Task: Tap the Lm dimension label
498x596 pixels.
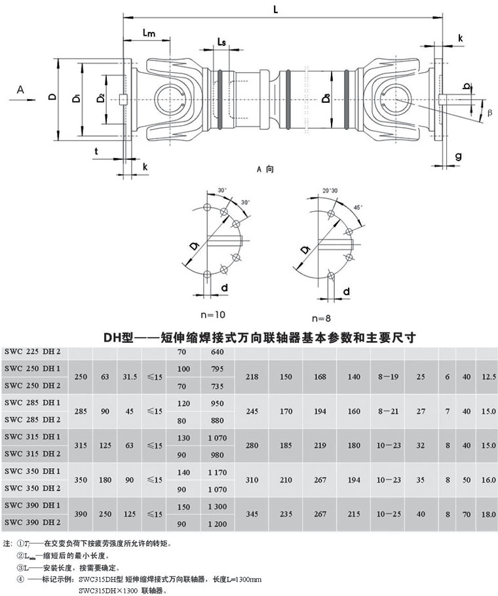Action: click(149, 33)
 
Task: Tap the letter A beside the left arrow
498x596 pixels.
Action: click(20, 88)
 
